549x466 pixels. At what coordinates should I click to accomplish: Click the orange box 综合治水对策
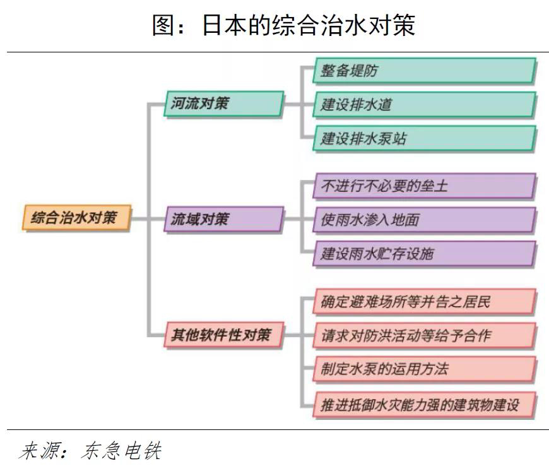[75, 218]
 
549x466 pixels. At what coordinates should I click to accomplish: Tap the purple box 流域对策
[223, 219]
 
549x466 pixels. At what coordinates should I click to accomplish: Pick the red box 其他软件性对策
[223, 334]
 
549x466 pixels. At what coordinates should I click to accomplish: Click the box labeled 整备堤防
[423, 71]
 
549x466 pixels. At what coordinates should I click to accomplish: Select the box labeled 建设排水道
[423, 104]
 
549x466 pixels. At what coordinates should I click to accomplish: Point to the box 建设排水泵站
[423, 138]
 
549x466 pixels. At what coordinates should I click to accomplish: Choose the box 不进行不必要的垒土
[423, 186]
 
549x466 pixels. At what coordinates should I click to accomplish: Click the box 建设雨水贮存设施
[423, 253]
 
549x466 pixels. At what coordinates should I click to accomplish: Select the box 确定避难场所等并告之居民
[423, 301]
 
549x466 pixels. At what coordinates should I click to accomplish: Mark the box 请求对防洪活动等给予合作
[423, 335]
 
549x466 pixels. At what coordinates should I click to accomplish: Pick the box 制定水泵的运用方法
[423, 369]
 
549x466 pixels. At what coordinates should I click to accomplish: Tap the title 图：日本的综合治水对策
[283, 25]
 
